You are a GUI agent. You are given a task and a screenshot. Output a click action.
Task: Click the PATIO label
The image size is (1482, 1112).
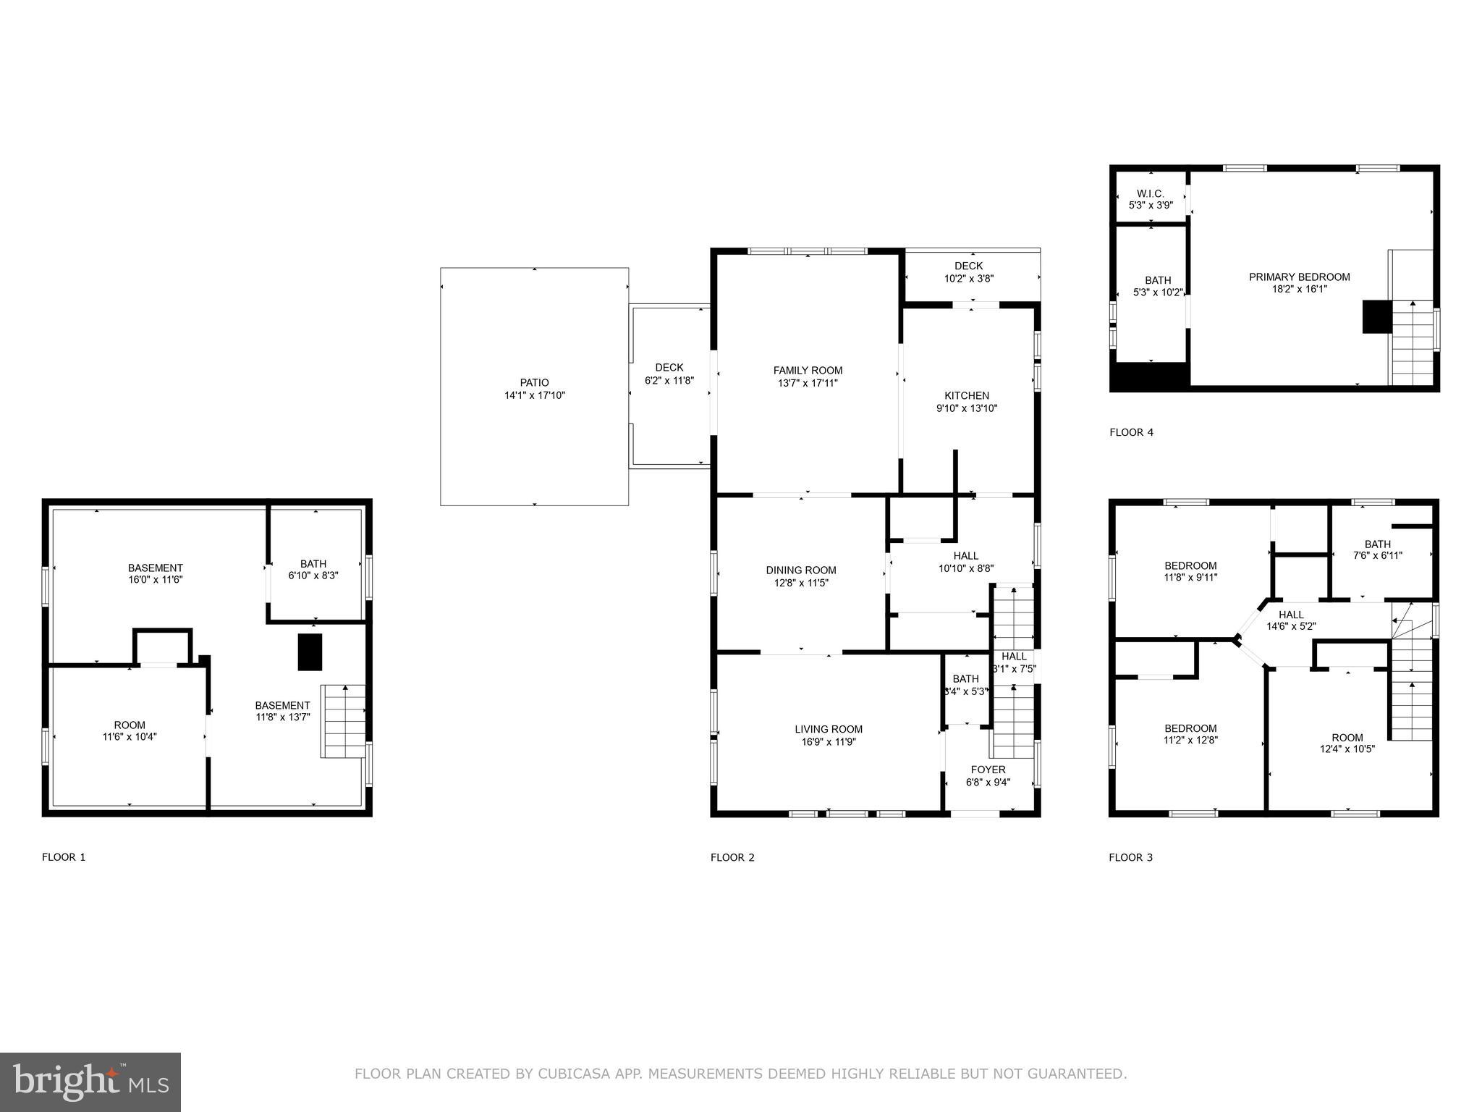[x=534, y=382]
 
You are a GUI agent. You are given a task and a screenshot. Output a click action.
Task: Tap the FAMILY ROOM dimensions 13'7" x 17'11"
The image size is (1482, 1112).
[x=808, y=383]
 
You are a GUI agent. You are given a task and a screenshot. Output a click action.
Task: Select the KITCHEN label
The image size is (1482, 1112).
[x=966, y=395]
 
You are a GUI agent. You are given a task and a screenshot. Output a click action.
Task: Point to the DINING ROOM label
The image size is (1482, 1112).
[x=800, y=570]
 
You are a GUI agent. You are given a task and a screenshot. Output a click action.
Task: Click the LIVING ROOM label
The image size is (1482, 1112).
[x=828, y=729]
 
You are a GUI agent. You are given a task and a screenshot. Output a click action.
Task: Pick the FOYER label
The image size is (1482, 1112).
[x=988, y=770]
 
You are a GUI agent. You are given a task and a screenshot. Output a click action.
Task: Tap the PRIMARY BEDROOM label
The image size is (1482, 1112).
[x=1299, y=277]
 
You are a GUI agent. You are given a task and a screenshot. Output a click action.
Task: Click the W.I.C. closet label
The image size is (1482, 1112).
[x=1150, y=193]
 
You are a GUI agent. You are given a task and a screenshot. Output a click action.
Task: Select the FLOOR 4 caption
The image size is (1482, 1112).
[x=1131, y=432]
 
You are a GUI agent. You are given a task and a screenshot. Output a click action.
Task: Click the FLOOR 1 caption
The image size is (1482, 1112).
[x=64, y=857]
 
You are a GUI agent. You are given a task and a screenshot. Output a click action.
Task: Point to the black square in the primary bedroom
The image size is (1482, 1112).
[x=1377, y=316]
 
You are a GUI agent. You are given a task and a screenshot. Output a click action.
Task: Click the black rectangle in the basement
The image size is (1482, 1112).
[x=310, y=652]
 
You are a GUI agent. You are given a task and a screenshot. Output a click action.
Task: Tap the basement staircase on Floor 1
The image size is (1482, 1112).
[x=344, y=721]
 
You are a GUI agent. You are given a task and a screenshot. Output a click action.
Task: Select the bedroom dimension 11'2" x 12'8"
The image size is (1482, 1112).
[x=1190, y=740]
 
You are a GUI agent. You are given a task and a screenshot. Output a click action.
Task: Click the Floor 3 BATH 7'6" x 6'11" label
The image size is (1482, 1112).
[x=1377, y=544]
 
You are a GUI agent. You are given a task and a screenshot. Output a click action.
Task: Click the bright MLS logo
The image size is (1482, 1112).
[x=90, y=1082]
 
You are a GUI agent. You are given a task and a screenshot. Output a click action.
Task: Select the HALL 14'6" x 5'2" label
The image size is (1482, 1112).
[x=1291, y=615]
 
